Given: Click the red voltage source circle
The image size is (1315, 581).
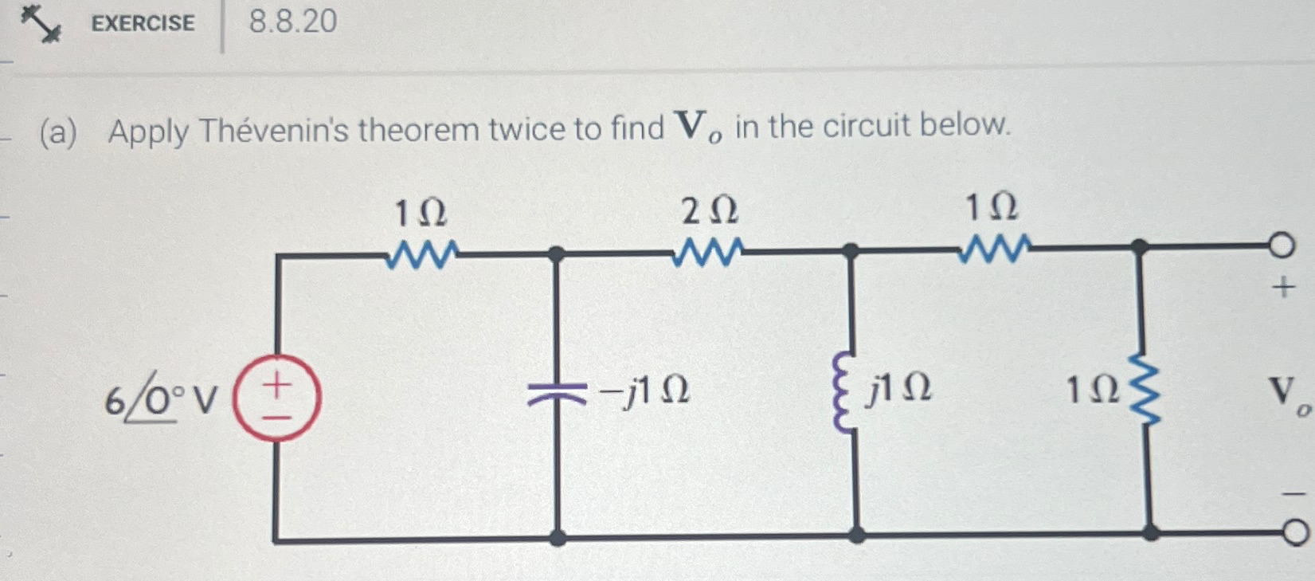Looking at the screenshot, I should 276,398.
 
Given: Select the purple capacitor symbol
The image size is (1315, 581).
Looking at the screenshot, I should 557,391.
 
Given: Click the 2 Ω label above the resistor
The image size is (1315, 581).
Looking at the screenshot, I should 709,211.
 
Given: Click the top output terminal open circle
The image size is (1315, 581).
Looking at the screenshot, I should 1281,245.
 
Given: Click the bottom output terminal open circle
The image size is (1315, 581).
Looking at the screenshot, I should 1295,532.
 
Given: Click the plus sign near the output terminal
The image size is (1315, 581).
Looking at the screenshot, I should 1282,286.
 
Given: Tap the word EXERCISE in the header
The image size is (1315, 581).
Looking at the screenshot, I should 143,23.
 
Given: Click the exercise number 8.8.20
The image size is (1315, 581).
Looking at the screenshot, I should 292,22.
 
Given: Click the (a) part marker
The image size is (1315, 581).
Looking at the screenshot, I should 58,132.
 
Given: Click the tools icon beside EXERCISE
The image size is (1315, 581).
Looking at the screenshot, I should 40,22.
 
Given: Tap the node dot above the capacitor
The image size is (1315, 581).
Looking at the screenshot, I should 557,254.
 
